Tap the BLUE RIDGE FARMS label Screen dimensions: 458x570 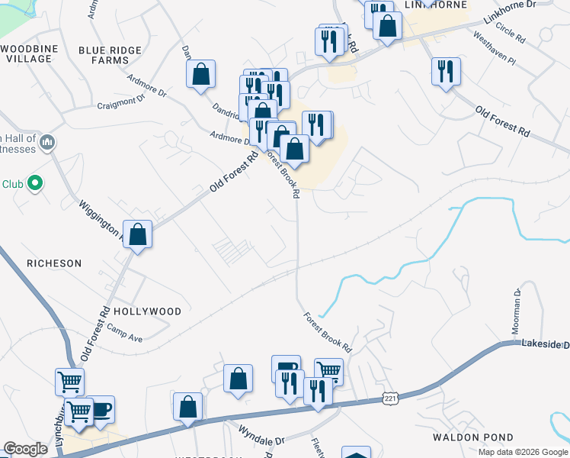(110, 54)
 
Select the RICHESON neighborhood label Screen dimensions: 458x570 (54, 263)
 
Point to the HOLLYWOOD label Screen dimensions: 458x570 (147, 311)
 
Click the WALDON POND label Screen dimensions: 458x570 (464, 437)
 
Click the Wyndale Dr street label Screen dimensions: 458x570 (261, 440)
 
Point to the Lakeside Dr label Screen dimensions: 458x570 (545, 345)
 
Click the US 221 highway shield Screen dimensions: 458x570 (390, 399)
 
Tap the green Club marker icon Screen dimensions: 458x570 (34, 183)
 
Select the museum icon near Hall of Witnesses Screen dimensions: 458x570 (47, 141)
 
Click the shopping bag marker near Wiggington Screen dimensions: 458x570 (138, 234)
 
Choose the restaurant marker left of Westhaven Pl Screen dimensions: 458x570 (446, 72)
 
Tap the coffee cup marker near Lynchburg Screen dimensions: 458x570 (101, 409)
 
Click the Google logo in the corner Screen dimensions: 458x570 (25, 449)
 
